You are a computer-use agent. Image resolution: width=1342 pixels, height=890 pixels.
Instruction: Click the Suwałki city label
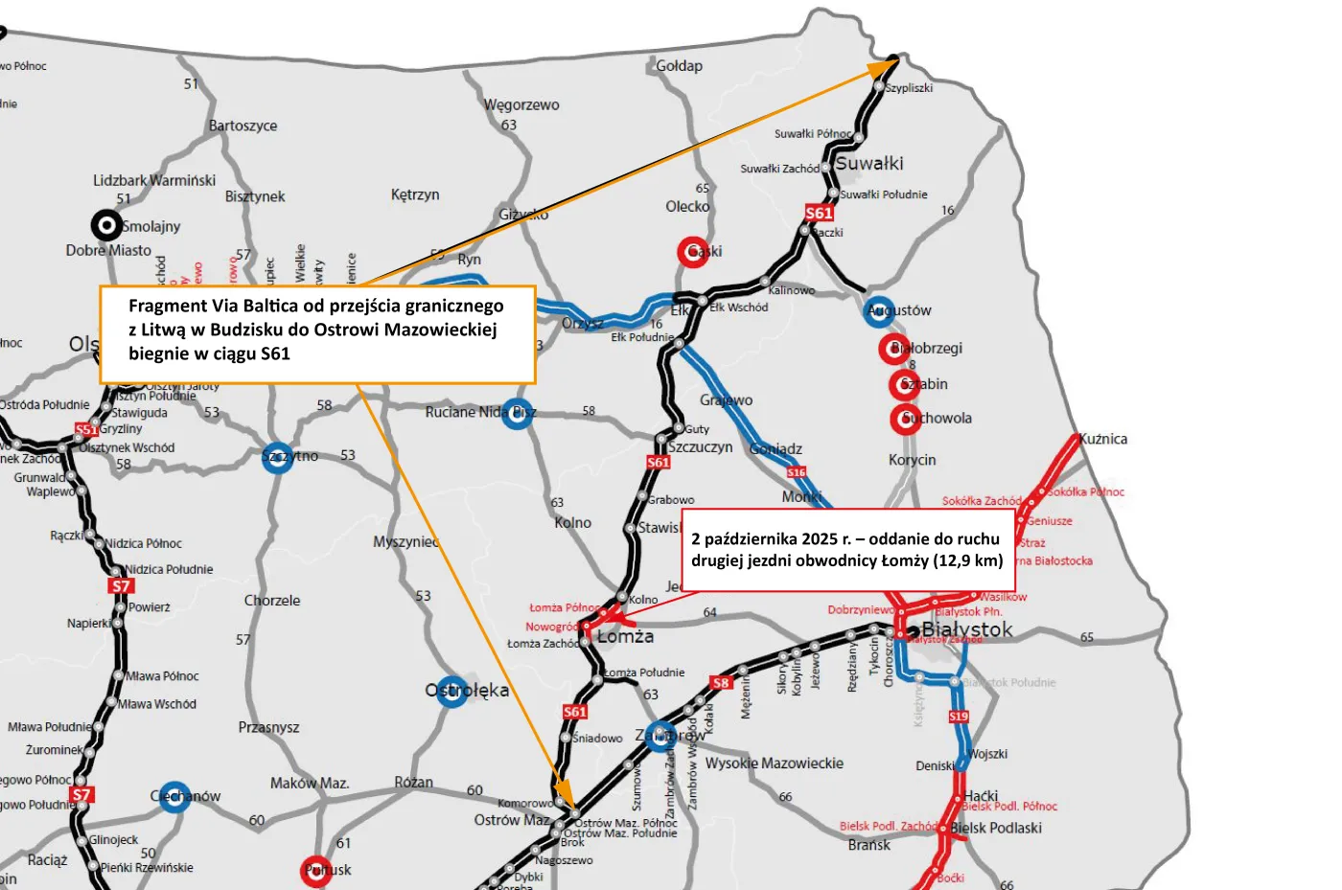point(869,164)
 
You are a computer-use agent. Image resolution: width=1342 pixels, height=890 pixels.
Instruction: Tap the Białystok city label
point(966,629)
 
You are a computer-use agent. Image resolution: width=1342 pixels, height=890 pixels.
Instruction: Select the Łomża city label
point(625,637)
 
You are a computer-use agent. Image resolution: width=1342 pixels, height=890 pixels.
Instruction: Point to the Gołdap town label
point(679,66)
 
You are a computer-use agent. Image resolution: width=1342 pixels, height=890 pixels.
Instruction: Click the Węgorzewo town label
point(521,105)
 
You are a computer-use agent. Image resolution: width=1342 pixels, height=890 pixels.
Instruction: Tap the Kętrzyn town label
point(415,194)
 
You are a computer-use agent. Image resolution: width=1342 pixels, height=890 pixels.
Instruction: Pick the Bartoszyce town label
point(243,126)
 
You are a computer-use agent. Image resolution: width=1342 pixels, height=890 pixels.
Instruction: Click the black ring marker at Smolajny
point(106,225)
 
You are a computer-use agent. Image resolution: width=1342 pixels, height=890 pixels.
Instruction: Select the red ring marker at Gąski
point(692,252)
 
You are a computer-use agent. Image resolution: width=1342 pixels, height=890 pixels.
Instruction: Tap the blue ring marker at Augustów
point(879,310)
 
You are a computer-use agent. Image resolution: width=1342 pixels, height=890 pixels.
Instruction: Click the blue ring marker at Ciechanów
point(174,796)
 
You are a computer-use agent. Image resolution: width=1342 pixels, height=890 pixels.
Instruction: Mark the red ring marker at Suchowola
point(906,419)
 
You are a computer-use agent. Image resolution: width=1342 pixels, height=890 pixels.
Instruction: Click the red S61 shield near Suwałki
point(819,213)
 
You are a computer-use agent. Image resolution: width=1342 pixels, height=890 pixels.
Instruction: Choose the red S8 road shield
point(721,683)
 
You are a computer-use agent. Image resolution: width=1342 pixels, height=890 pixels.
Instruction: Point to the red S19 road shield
point(959,717)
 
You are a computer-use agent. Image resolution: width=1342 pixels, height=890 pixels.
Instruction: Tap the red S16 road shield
point(797,472)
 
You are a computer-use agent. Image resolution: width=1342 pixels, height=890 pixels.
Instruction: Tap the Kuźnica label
point(1103,439)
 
